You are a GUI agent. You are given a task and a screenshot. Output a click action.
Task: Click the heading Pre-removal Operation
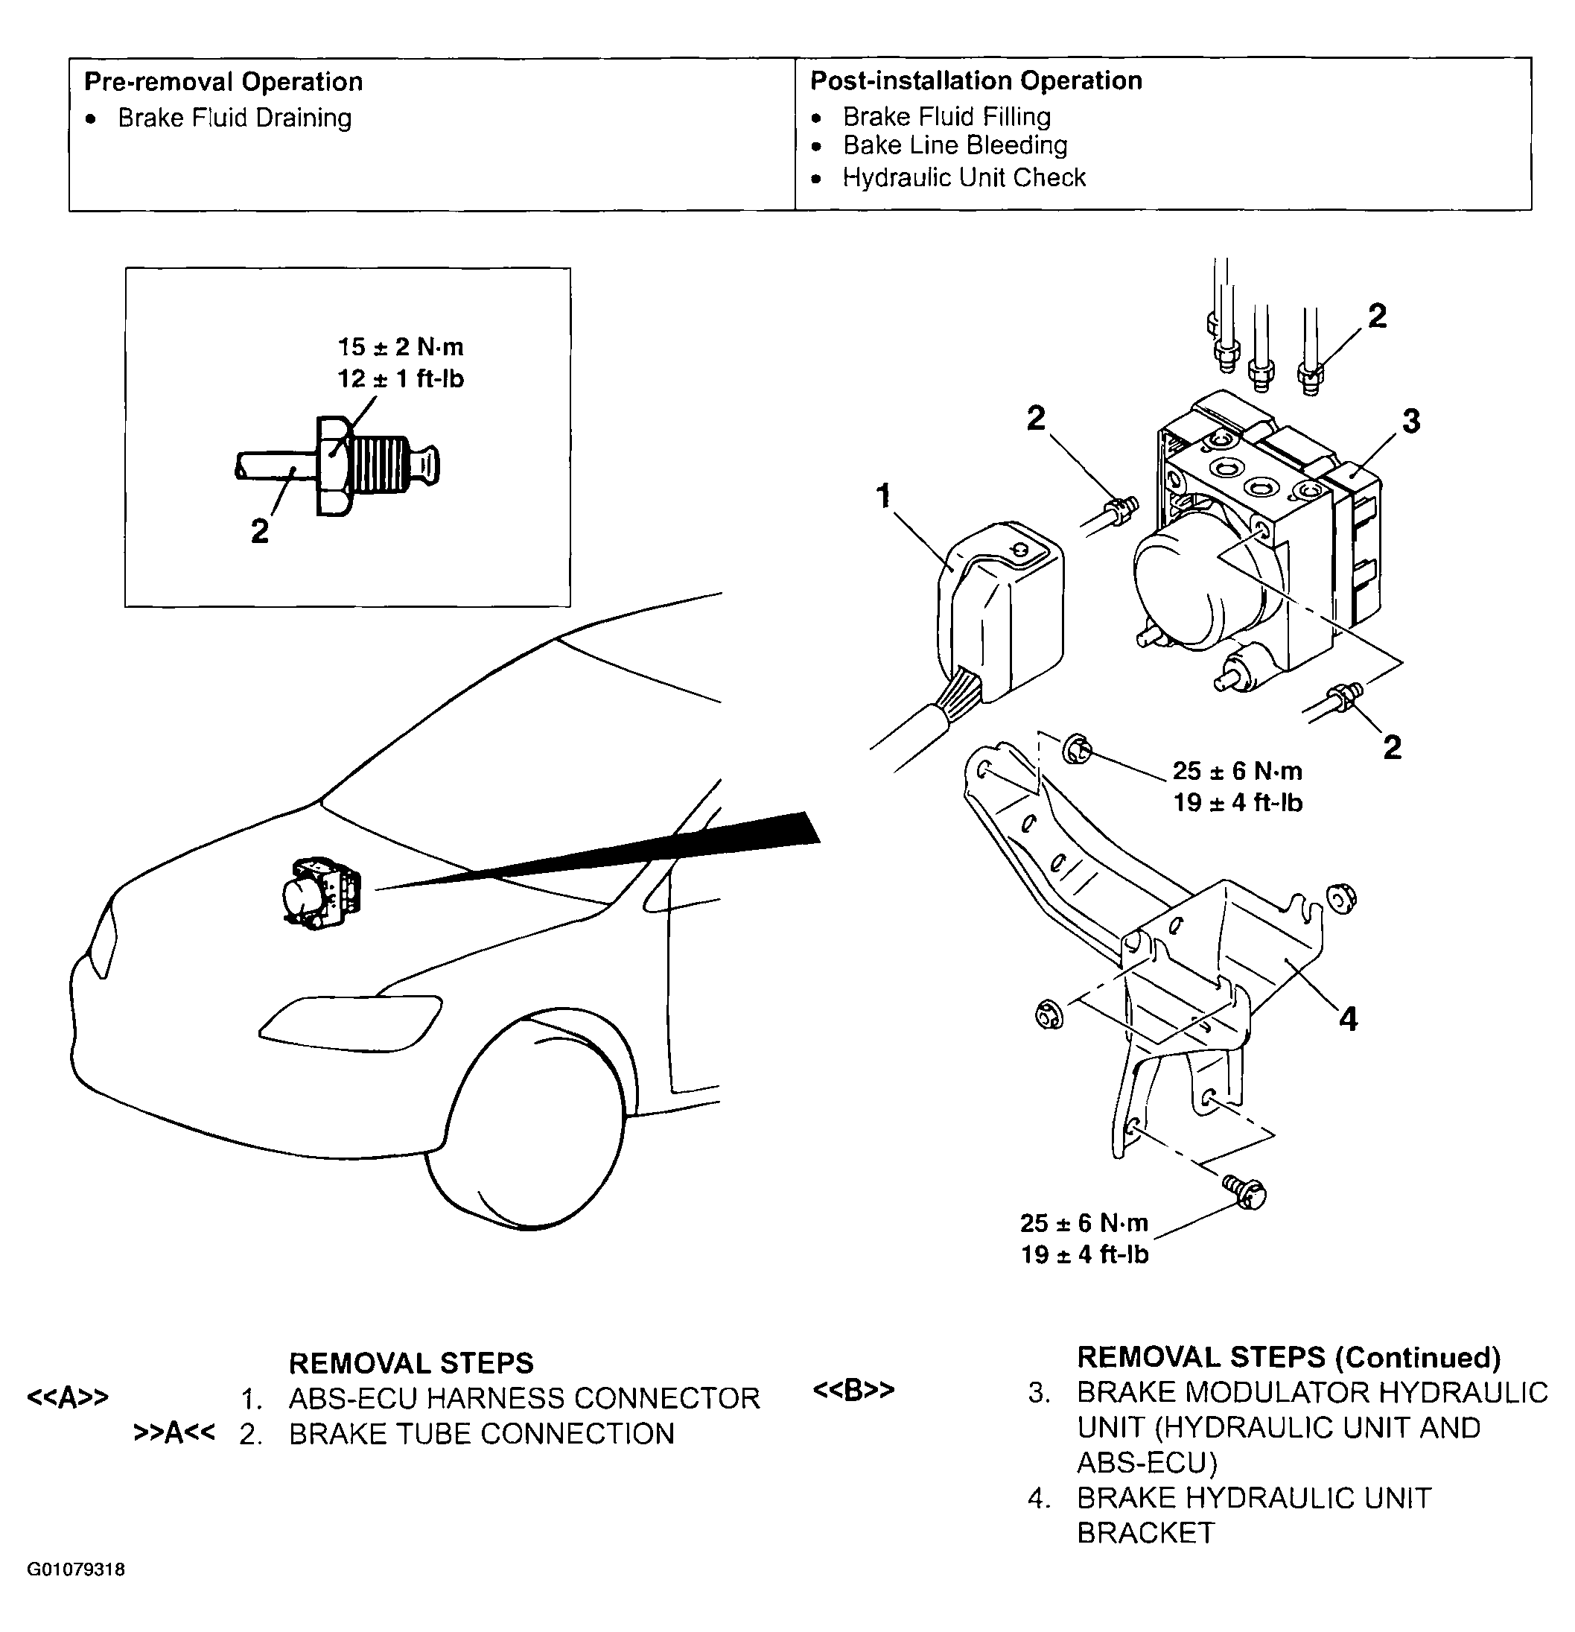click(x=223, y=82)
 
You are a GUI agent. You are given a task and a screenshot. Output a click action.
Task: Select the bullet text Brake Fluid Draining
click(x=234, y=118)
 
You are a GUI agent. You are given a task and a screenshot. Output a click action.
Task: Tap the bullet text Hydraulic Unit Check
click(x=963, y=177)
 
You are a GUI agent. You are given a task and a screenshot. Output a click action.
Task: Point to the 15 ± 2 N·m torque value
click(x=400, y=346)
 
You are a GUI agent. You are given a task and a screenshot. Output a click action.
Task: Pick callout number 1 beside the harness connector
click(x=884, y=497)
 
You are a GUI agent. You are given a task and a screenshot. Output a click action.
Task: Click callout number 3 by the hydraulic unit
click(x=1411, y=422)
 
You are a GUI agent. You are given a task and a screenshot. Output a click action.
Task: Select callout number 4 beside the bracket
click(x=1349, y=1018)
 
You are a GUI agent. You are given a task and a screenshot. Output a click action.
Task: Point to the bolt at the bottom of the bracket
click(x=1246, y=1193)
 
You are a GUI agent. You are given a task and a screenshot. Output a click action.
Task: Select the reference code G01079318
click(x=76, y=1569)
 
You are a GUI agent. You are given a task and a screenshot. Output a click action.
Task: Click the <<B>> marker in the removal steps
click(x=853, y=1390)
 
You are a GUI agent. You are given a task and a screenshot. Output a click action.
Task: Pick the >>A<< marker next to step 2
click(x=174, y=1432)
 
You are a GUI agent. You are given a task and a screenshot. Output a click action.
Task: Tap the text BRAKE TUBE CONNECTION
click(x=481, y=1433)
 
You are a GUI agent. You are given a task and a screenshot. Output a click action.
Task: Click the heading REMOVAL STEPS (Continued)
click(x=1288, y=1357)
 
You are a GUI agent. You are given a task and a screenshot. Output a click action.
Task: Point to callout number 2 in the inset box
click(x=260, y=531)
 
